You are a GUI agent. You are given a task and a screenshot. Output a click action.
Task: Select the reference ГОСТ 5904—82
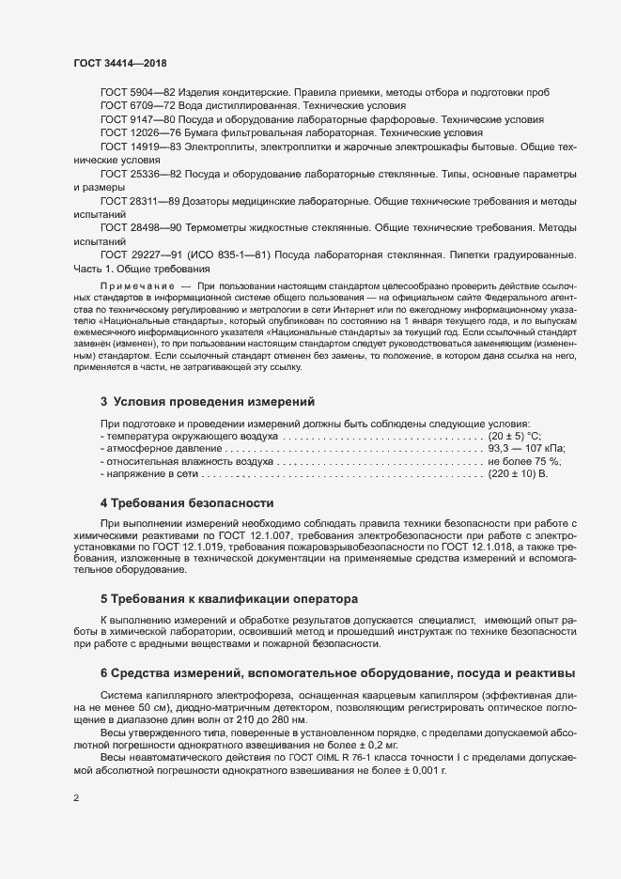click(132, 92)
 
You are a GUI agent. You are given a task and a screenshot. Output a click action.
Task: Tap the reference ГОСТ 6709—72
click(132, 106)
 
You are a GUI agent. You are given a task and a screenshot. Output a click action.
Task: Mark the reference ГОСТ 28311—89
click(134, 202)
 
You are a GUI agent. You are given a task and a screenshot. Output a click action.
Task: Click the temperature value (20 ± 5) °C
click(515, 437)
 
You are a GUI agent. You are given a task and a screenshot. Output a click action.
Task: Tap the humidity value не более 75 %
click(524, 463)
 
